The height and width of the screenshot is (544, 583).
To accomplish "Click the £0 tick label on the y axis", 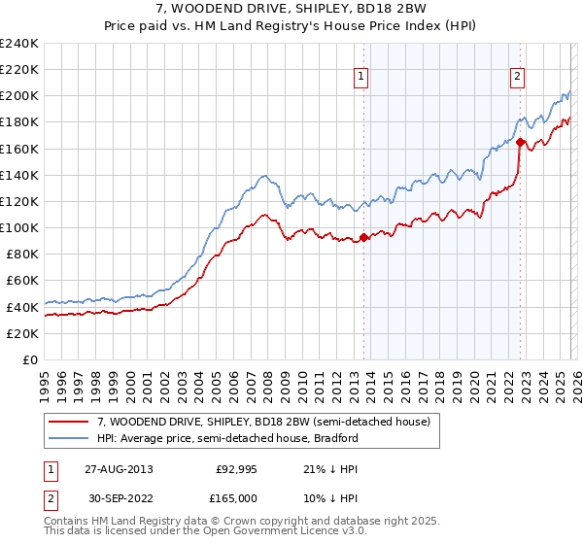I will (x=30, y=359).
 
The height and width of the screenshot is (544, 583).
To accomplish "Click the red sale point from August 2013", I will (x=363, y=237).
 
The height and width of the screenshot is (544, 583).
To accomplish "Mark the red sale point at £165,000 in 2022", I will (x=520, y=142).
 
